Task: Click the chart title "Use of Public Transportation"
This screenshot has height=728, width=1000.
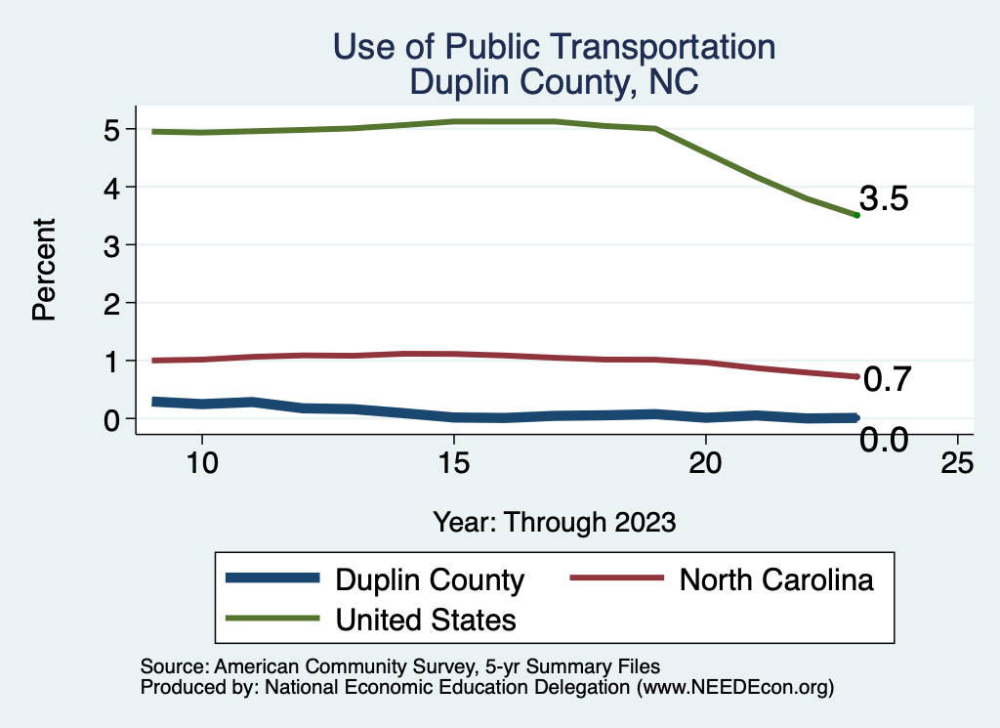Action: coord(554,47)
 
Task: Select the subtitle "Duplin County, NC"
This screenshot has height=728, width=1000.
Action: coord(554,82)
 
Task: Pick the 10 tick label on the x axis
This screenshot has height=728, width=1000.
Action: coord(201,463)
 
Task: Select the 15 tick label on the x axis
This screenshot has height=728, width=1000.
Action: coord(453,463)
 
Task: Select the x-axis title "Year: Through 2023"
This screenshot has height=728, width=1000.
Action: coord(554,522)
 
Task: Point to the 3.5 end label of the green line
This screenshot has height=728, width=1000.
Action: coord(885,199)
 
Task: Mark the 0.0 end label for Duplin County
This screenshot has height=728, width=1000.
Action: coord(884,441)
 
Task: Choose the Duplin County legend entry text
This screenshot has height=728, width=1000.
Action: coord(430,579)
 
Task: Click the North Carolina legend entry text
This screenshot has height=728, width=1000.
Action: coord(776,579)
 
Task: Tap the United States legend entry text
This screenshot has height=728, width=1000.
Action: coord(426,619)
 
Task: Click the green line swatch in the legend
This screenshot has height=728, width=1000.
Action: coord(272,618)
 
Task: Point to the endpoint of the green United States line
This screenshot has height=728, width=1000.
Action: coord(856,215)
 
